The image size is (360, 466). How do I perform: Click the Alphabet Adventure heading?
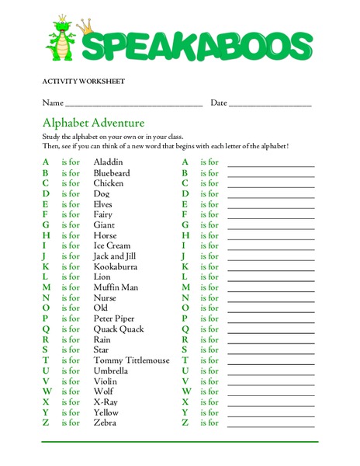click(93, 123)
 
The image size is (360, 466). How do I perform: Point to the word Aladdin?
click(108, 162)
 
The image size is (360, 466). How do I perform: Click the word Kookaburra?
click(116, 266)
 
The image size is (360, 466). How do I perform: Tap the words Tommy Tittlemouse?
click(131, 360)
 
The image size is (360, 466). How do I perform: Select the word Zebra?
click(106, 423)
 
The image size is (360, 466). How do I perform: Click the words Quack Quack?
click(119, 329)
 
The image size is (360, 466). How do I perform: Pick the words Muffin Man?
click(116, 287)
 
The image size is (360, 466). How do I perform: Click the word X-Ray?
click(106, 402)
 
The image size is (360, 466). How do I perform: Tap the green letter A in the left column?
click(46, 162)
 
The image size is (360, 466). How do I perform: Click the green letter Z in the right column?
click(185, 423)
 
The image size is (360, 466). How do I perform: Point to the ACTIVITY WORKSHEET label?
click(83, 82)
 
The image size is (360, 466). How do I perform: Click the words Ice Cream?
click(112, 245)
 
